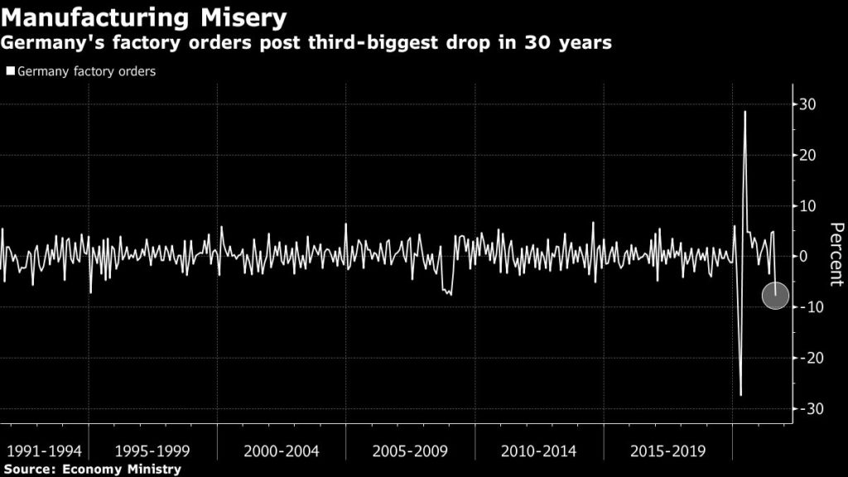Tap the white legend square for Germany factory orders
click(x=11, y=72)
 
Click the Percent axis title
click(x=836, y=255)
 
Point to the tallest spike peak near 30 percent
click(x=745, y=111)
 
